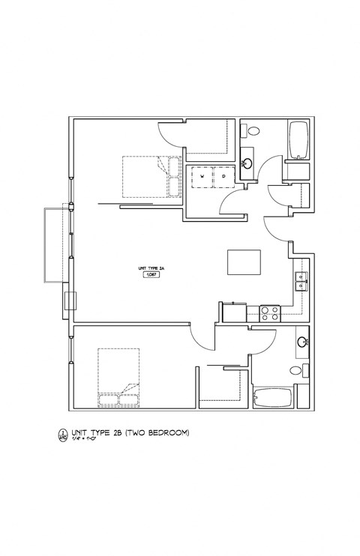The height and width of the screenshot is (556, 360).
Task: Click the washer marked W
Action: (x=201, y=177)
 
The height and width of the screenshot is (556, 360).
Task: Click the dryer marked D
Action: (x=223, y=177)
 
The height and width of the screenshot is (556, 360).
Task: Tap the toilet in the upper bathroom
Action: (x=253, y=130)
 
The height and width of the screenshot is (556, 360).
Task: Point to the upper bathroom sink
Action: (x=247, y=163)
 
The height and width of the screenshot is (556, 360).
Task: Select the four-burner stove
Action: (x=269, y=313)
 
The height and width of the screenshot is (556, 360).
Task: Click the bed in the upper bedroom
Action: (x=150, y=177)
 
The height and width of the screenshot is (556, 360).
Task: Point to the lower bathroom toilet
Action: (x=296, y=370)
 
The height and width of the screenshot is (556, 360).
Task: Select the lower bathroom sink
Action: (x=301, y=342)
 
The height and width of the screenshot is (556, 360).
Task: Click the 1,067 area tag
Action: (x=150, y=275)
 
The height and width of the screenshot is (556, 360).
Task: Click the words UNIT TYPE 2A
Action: (x=150, y=268)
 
